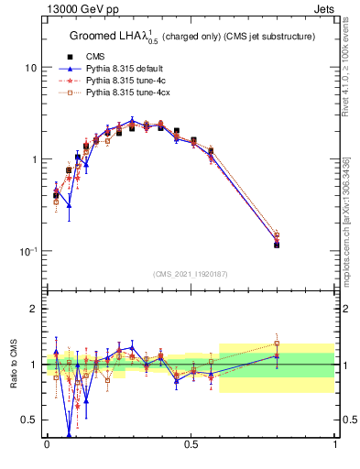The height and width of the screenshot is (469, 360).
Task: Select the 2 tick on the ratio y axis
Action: tap(34, 309)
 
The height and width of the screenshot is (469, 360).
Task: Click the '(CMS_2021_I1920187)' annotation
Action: tap(191, 272)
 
